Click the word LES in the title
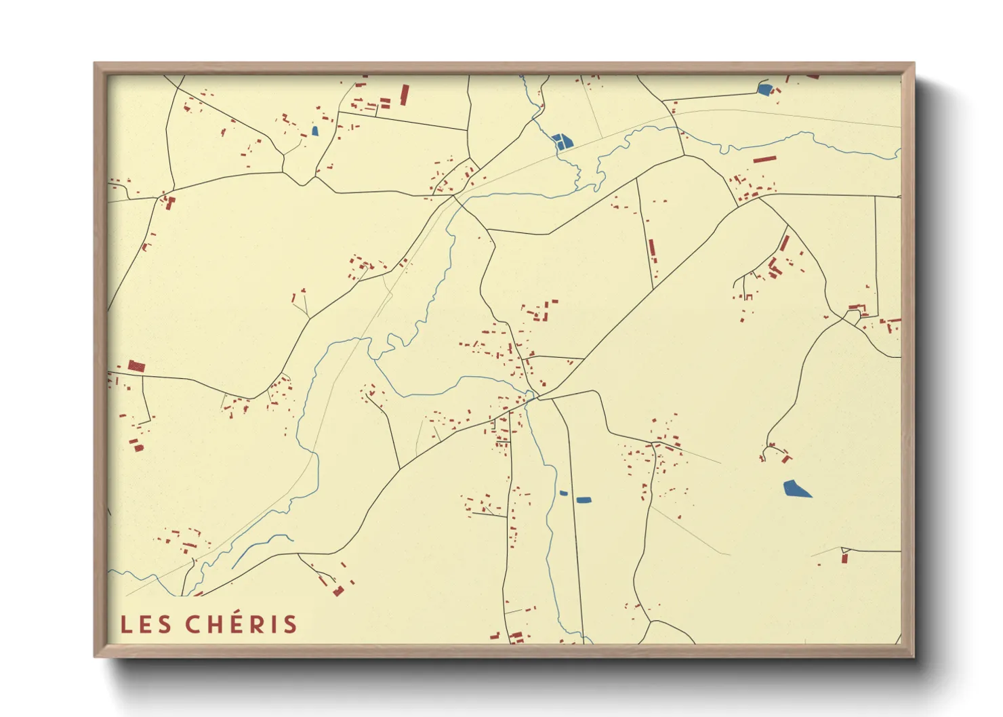point(146,625)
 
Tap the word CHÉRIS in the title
point(241,624)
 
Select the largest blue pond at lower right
point(796,489)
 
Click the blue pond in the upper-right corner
point(764,89)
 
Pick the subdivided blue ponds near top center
point(562,141)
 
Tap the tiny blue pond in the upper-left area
point(314,131)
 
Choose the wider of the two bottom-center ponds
point(584,500)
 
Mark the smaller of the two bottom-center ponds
point(563,493)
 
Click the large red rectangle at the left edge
point(137,367)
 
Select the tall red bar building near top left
point(405,94)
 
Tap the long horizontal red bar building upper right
point(764,160)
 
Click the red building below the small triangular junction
point(844,558)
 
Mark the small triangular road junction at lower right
point(844,549)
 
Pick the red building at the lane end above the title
point(337,591)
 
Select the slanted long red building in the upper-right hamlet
point(784,243)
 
